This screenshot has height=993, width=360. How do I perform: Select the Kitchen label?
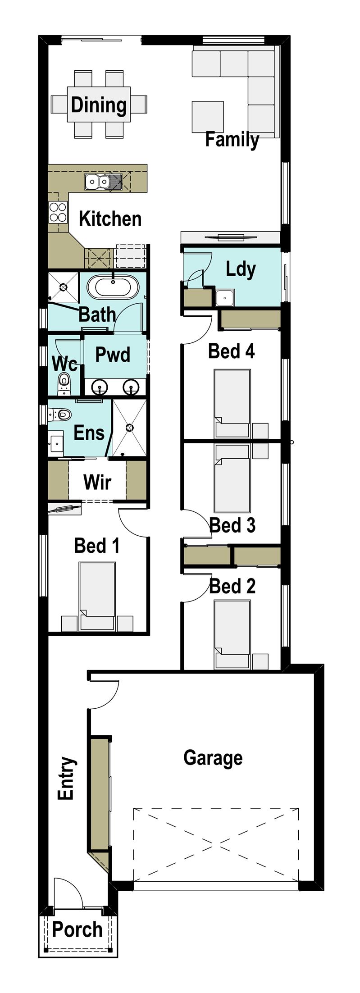110,219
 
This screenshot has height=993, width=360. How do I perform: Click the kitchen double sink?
98,182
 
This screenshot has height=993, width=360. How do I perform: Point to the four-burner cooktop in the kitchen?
58,212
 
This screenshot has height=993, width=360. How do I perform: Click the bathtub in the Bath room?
113,287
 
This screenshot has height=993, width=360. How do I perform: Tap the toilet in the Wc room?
64,383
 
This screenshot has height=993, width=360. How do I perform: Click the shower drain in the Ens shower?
130,427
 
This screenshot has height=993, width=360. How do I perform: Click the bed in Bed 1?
97,595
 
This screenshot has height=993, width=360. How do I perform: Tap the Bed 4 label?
231,351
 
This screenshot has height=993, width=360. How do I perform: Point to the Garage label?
213,757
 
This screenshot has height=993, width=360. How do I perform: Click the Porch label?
77,929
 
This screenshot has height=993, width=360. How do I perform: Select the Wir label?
97,482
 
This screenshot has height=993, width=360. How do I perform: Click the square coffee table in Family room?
207,117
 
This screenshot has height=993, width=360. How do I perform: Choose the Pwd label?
113,355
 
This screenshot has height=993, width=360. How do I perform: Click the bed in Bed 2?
232,633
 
